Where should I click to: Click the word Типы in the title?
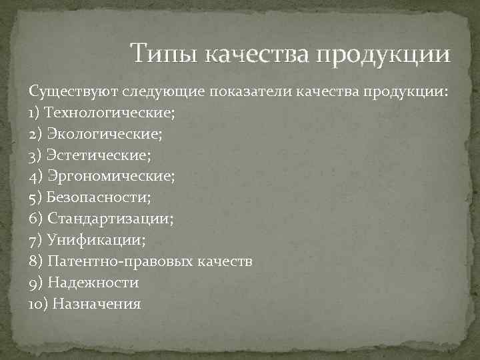pyautogui.click(x=164, y=53)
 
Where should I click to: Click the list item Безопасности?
pyautogui.click(x=99, y=198)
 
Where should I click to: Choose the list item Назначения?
pyautogui.click(x=97, y=304)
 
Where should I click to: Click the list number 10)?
pyautogui.click(x=37, y=304)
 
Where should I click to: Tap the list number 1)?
pyautogui.click(x=35, y=113)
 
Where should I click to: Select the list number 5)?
pyautogui.click(x=35, y=198)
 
